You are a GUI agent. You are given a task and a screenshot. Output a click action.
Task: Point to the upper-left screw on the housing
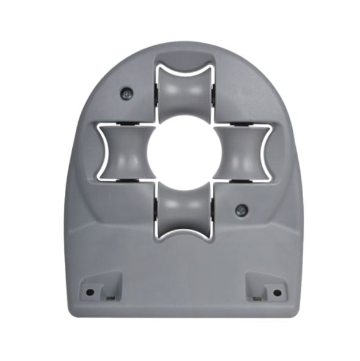coord(125,93)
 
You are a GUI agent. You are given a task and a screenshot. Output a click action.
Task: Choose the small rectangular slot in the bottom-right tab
coord(257,297)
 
